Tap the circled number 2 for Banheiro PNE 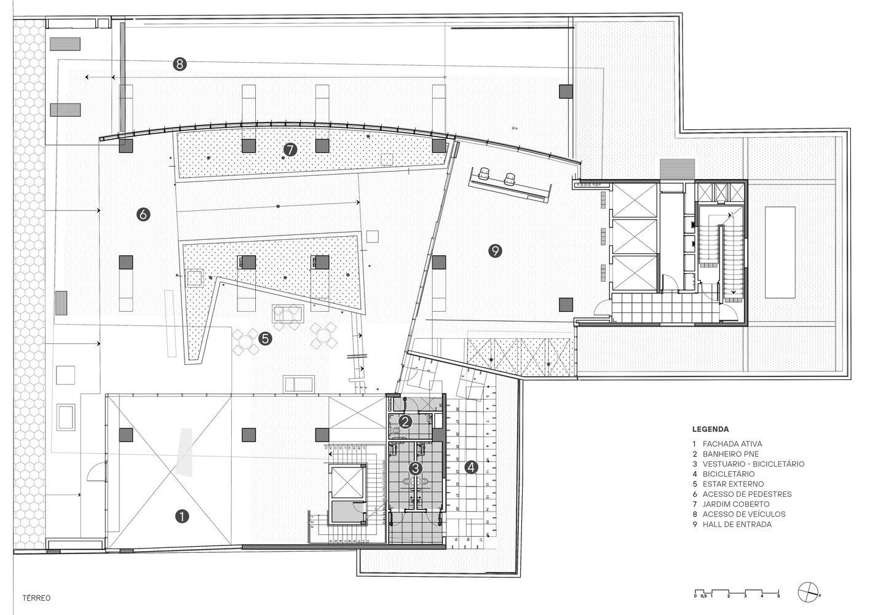click(405, 422)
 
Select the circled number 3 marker click(416, 468)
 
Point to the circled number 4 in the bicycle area click(471, 467)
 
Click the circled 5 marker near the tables click(265, 338)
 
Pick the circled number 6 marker click(143, 215)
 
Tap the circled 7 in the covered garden click(290, 149)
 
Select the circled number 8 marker click(180, 64)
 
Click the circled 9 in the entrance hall click(496, 250)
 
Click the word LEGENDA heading click(710, 429)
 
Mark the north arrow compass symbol click(809, 592)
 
